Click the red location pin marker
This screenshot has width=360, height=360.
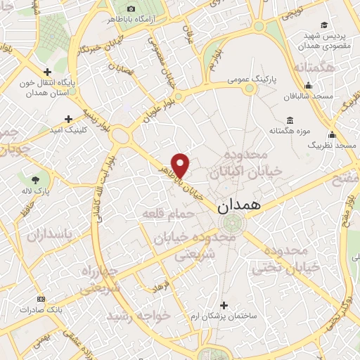[181, 165]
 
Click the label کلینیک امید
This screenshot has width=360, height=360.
[67, 131]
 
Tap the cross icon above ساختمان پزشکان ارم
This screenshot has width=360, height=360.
[224, 305]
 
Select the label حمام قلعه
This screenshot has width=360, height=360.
[162, 212]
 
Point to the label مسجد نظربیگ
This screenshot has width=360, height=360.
[335, 144]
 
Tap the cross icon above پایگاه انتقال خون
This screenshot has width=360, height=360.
[47, 72]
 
